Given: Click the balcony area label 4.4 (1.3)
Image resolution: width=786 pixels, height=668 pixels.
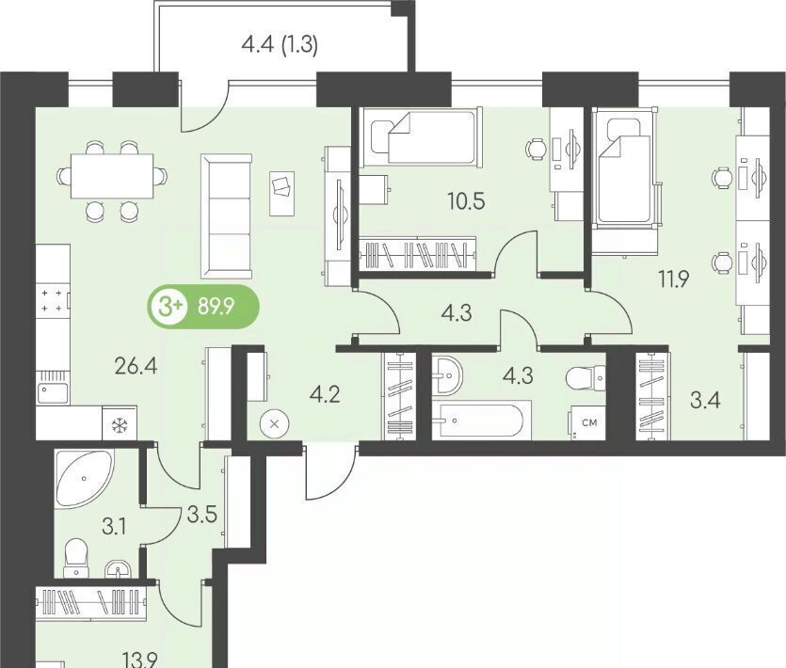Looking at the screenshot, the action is (280, 45).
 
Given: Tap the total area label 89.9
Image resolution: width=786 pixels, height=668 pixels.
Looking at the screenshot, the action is (217, 306).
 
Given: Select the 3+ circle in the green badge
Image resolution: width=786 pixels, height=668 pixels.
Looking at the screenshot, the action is (168, 306).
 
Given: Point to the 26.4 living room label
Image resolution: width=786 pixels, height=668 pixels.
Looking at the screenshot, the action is (136, 366).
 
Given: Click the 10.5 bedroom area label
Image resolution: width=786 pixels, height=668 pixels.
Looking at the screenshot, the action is (466, 201).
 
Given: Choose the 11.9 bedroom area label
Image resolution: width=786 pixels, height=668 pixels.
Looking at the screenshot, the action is (674, 278).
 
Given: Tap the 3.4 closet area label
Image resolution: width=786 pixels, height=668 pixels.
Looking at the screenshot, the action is (704, 401).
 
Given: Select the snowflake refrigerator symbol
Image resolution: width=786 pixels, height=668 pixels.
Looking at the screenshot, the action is (120, 426).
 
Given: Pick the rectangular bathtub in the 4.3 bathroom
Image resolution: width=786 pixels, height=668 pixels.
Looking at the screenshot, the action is (481, 420).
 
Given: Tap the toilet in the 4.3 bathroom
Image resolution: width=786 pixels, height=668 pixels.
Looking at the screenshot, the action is (586, 378).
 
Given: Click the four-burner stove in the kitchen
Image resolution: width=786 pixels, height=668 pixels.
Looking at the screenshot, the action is (53, 301).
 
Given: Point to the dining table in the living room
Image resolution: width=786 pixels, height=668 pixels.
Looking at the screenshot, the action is (112, 176).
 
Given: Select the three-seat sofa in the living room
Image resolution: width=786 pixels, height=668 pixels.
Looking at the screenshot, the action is (227, 216).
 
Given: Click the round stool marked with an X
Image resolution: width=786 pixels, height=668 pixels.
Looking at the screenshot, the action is (274, 424).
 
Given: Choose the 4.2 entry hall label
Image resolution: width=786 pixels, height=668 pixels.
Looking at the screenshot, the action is (325, 394).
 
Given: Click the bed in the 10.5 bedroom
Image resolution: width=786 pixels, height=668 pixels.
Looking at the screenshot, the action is (421, 136).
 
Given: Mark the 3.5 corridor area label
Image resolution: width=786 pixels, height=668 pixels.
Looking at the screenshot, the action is (202, 516).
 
